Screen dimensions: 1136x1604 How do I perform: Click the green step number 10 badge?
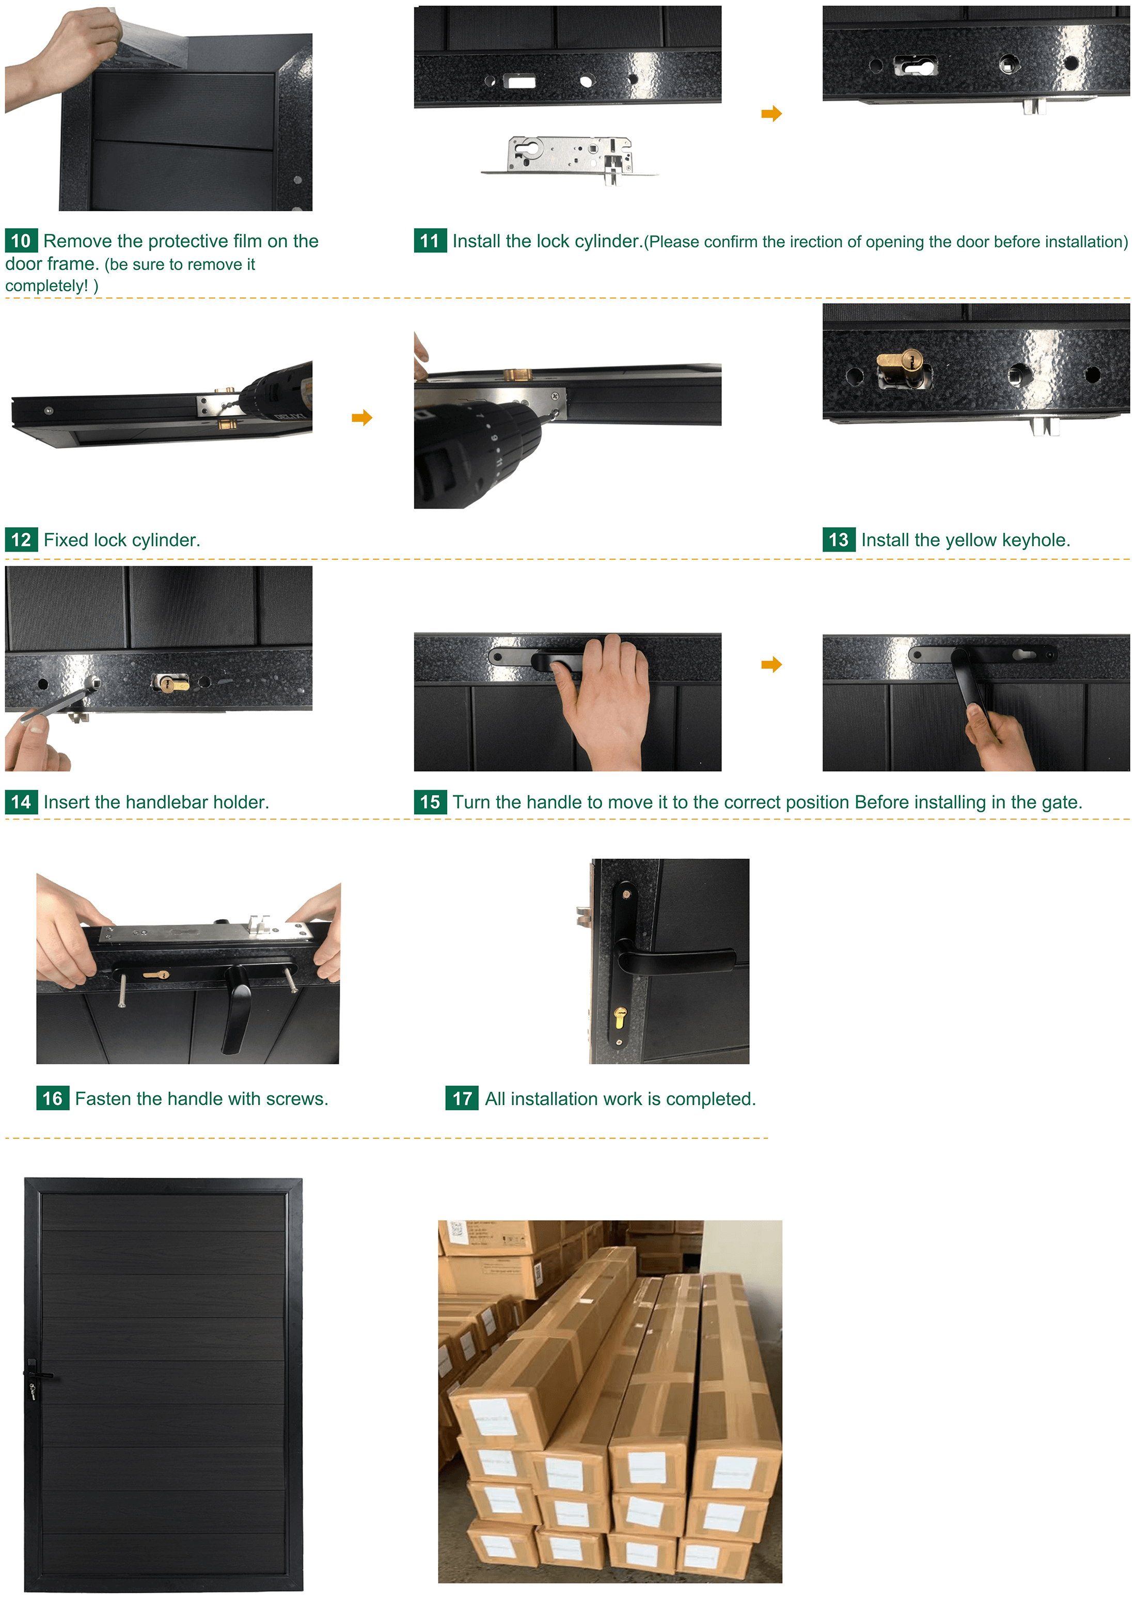coord(21,241)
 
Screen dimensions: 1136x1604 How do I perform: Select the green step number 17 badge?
coord(462,1098)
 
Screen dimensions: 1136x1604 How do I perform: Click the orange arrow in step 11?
coord(771,113)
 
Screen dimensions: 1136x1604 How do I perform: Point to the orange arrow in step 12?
coord(361,418)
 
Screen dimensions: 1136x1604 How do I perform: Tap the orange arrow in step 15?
coord(771,665)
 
